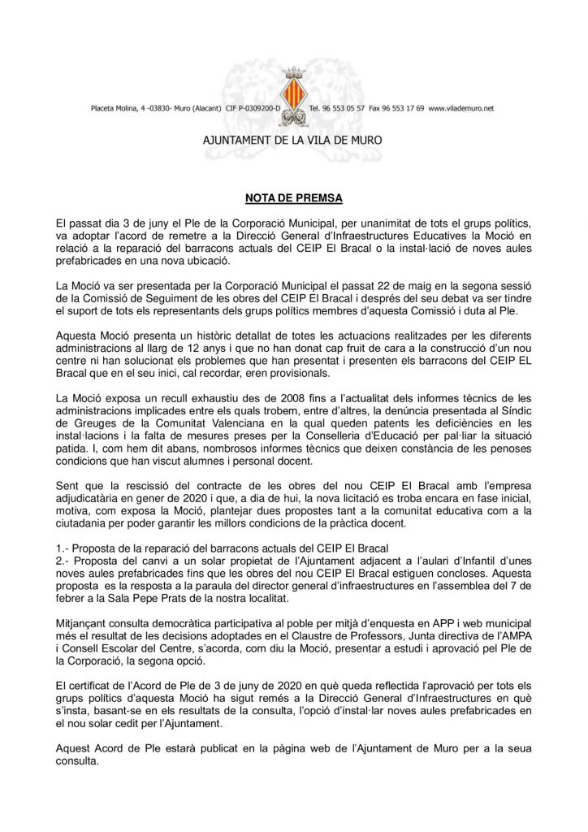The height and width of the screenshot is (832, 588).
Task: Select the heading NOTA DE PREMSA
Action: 293,197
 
